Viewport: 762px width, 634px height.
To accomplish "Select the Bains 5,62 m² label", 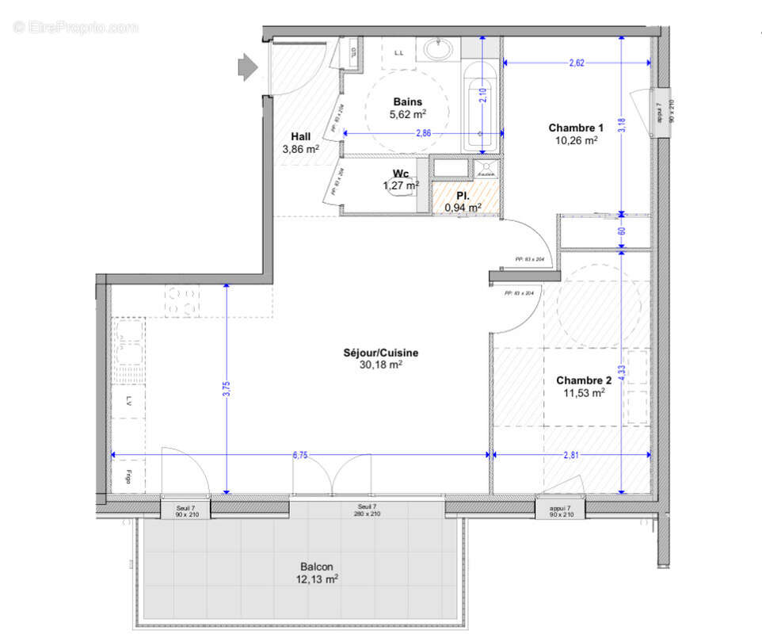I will coord(408,108).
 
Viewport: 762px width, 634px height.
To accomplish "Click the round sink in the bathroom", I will coord(438,49).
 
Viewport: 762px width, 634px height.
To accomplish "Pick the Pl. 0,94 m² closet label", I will coord(463,201).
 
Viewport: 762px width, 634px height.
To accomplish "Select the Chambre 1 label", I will coord(576,133).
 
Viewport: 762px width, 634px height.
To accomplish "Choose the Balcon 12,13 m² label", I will coord(319,572).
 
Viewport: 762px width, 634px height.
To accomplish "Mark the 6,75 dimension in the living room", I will coord(300,455).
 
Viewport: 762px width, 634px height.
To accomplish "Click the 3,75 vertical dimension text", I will coord(227,389).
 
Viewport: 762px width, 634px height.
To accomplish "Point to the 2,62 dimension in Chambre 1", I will coord(576,64).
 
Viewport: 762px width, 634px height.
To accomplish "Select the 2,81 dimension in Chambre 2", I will coord(571,455).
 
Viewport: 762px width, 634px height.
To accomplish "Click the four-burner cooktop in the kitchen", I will coord(182,300).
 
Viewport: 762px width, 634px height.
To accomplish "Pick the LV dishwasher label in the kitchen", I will coord(128,403).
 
